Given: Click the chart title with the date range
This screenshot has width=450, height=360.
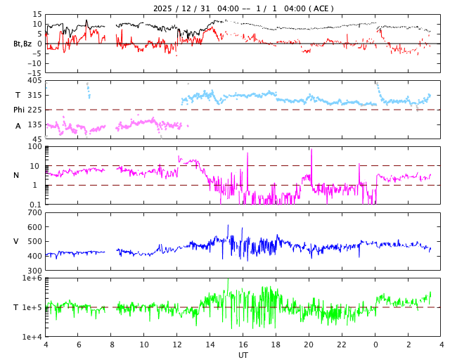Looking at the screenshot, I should click(243, 8).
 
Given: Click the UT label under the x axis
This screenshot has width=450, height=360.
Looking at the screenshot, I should click(243, 355).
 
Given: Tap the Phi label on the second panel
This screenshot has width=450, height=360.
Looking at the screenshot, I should click(19, 110).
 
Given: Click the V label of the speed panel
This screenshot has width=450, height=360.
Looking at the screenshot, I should click(15, 241).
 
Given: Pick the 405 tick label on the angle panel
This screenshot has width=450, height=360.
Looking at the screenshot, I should click(34, 80).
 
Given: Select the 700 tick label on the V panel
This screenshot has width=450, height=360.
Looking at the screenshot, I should click(34, 212).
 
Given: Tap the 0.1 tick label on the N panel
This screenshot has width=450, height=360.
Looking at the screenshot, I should click(35, 204).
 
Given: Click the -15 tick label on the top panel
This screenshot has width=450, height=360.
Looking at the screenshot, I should click(33, 72).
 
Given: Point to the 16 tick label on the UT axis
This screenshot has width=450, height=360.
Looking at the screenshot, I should click(243, 345).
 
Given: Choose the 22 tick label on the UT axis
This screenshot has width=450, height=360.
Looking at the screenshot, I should click(342, 345).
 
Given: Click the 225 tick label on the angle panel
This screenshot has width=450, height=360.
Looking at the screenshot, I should click(34, 110).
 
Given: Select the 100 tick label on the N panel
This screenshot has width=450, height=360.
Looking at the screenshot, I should click(34, 146).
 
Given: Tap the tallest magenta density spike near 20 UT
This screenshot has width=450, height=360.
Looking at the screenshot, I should click(311, 150).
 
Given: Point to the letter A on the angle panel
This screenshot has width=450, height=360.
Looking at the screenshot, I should click(18, 126).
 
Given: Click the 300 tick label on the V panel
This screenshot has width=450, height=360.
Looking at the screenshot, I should click(34, 270).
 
